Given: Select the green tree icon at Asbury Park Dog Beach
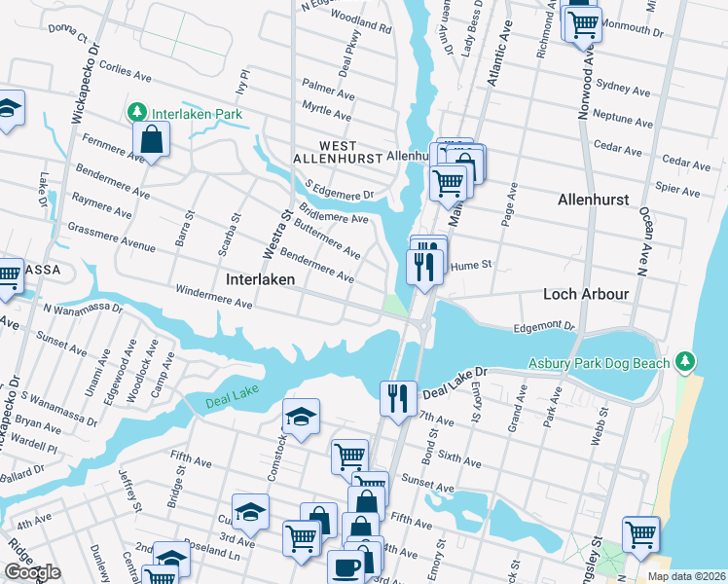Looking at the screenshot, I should tap(686, 362).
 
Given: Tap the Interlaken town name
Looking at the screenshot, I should tap(260, 279).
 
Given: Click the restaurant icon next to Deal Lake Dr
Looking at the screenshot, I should tap(398, 398).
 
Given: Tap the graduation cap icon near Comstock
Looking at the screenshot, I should tap(301, 418).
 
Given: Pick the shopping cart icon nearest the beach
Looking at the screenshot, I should tap(640, 534).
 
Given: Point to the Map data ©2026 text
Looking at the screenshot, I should tap(685, 576).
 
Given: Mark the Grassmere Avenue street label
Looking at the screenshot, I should tap(112, 239).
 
